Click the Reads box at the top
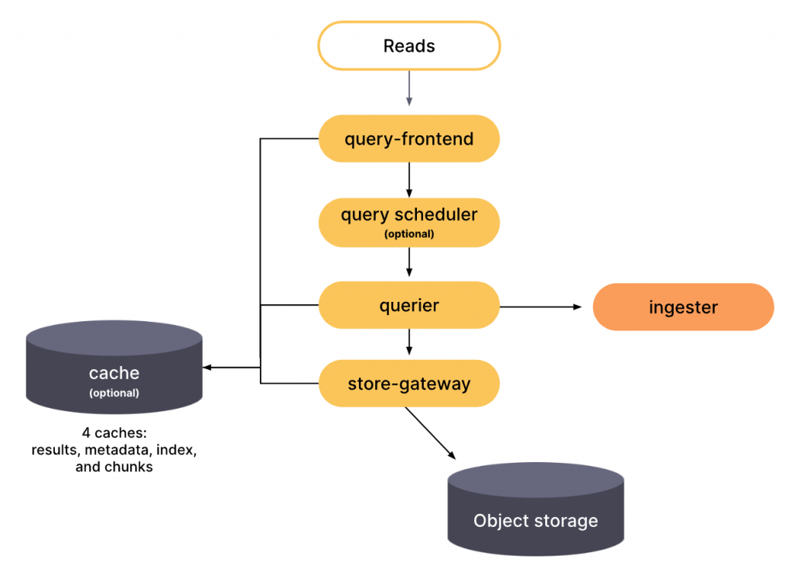(408, 46)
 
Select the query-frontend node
(408, 139)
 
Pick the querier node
(408, 306)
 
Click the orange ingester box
(683, 307)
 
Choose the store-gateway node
(408, 383)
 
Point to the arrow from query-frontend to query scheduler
(408, 180)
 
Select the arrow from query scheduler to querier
(408, 263)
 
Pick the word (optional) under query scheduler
(408, 234)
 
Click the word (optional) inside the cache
(114, 393)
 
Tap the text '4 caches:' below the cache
(114, 433)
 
